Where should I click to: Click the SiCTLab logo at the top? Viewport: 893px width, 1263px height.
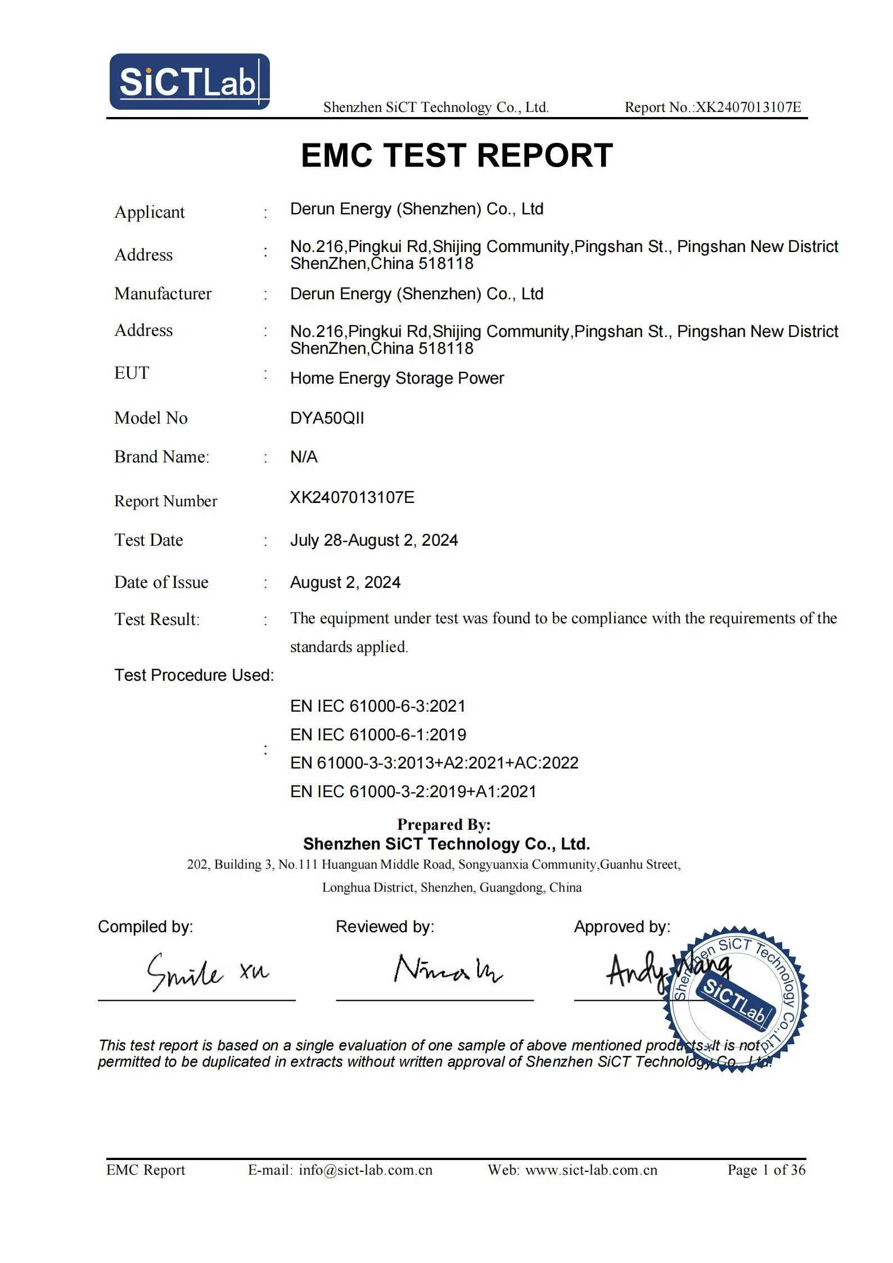pyautogui.click(x=190, y=82)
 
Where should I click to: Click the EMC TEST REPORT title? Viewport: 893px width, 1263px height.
pyautogui.click(x=457, y=155)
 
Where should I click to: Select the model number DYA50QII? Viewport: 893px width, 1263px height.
pyautogui.click(x=327, y=418)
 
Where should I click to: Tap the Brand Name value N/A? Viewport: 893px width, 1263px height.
pyautogui.click(x=304, y=457)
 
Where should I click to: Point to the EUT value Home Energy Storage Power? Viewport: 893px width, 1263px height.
pyautogui.click(x=396, y=378)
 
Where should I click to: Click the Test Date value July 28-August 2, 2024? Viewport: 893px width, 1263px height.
pyautogui.click(x=373, y=540)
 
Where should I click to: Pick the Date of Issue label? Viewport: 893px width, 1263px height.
pyautogui.click(x=161, y=582)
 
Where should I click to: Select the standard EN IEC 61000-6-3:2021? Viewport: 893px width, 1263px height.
pyautogui.click(x=378, y=706)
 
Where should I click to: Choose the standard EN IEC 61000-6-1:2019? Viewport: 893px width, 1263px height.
pyautogui.click(x=378, y=735)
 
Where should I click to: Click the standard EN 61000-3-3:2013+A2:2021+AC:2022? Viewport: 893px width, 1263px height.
pyautogui.click(x=434, y=763)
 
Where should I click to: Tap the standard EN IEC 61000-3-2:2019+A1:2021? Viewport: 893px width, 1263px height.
pyautogui.click(x=413, y=792)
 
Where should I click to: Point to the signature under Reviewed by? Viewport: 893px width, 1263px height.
pyautogui.click(x=448, y=969)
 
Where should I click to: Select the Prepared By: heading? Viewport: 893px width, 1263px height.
pyautogui.click(x=444, y=824)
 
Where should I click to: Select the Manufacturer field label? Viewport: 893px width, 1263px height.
pyautogui.click(x=163, y=294)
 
